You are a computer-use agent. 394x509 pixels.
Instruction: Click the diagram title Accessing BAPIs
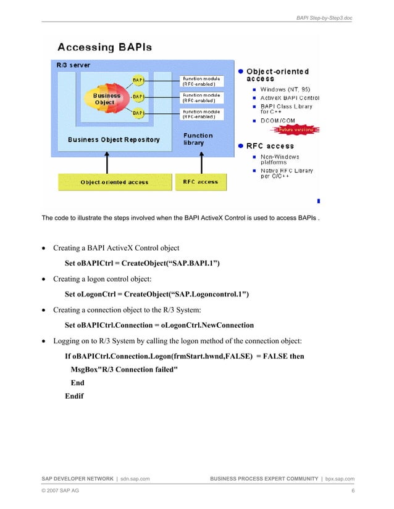coord(105,47)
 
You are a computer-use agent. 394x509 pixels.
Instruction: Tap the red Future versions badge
coord(298,130)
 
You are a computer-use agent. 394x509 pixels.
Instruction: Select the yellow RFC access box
coord(201,182)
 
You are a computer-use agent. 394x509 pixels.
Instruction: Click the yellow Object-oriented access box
coord(114,182)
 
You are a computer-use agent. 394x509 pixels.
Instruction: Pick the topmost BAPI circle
coord(138,80)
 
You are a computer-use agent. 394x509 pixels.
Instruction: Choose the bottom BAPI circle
coord(138,113)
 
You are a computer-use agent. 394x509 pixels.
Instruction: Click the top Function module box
coord(201,81)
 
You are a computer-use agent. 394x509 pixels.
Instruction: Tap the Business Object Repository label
coord(114,139)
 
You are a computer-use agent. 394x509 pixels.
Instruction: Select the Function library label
coord(198,139)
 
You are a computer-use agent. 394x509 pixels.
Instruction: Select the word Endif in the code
coord(75,396)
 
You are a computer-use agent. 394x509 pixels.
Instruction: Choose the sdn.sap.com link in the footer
coord(135,478)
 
